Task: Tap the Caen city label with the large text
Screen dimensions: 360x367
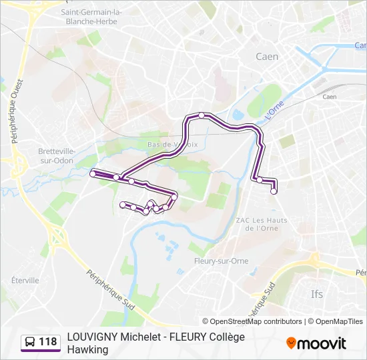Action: (x=267, y=57)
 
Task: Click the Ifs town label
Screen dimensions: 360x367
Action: (x=316, y=294)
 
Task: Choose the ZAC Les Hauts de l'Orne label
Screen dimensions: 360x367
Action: (x=261, y=224)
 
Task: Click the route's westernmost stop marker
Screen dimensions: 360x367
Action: (x=93, y=174)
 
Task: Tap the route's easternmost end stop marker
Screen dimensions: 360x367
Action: (x=274, y=191)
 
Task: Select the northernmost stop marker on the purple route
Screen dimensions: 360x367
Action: (x=202, y=115)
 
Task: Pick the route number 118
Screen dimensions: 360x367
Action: (x=48, y=343)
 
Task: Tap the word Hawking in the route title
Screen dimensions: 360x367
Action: (x=87, y=349)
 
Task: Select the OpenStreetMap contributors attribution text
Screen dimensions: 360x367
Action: (x=256, y=321)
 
